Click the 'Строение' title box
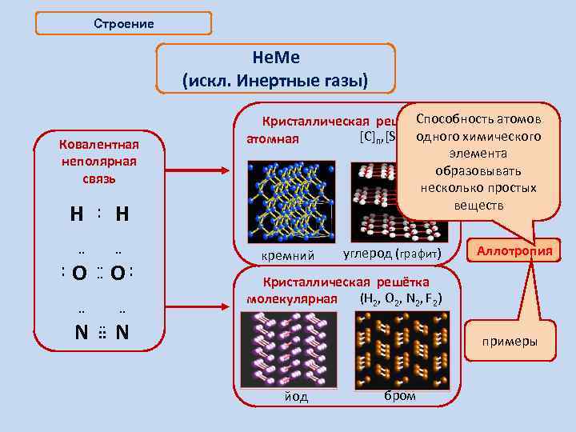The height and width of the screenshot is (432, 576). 124,23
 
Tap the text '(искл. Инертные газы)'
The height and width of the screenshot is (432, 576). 275,81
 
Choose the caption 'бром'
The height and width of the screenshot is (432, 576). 400,396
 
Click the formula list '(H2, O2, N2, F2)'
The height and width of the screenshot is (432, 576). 402,299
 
